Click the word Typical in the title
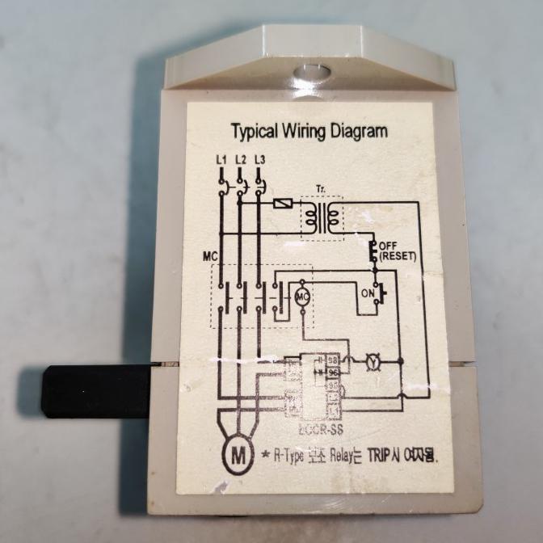pos(256,131)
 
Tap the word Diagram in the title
pos(358,131)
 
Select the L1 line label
pos(221,160)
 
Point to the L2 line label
pos(241,160)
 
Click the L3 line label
pos(259,160)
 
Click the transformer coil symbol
pos(322,215)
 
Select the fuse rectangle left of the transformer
pos(284,204)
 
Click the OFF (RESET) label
pos(397,251)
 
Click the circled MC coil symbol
pos(302,296)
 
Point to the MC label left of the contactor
pos(210,258)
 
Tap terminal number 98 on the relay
pos(332,360)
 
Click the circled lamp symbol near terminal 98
pos(373,360)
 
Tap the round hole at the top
pos(310,74)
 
